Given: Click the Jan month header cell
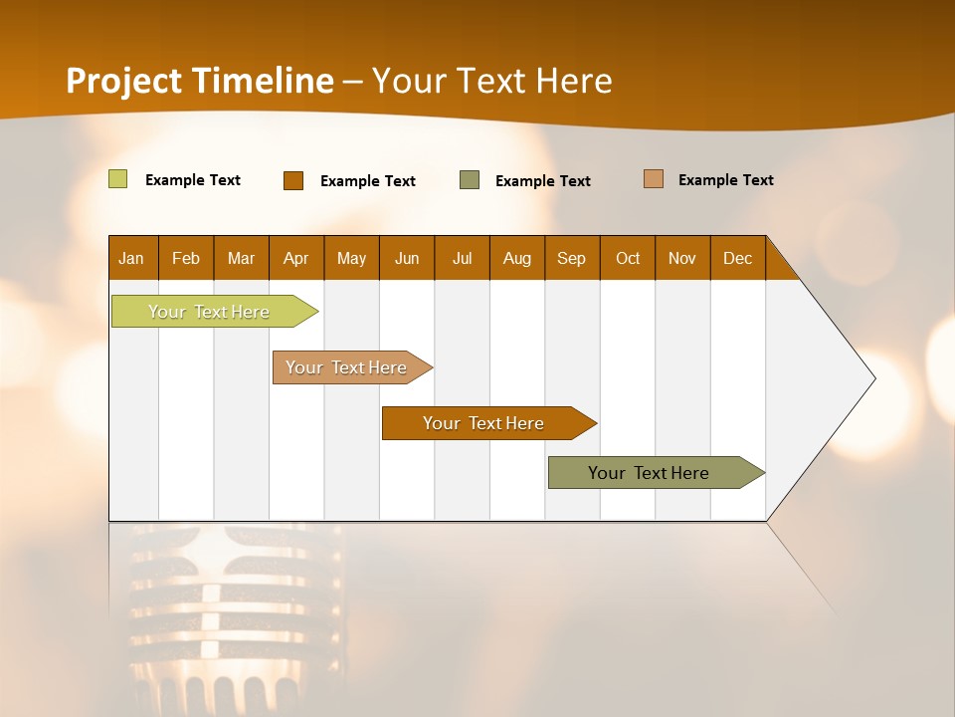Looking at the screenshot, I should tap(132, 258).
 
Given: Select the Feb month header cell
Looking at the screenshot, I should tap(186, 258).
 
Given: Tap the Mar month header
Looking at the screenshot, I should tap(241, 258).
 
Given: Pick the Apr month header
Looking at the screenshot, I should tap(296, 258).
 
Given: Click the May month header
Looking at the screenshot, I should tap(351, 258).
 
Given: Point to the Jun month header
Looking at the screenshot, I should tap(407, 258).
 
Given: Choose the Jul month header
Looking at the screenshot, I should tap(462, 258).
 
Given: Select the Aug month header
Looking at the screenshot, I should tap(517, 258).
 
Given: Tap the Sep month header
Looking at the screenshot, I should tap(572, 258).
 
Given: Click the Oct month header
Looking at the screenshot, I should tap(628, 258).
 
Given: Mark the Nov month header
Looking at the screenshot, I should tap(682, 258).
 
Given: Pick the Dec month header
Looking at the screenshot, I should tap(738, 258).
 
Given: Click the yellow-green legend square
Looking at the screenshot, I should tap(118, 179).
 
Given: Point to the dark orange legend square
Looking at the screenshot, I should tap(293, 180).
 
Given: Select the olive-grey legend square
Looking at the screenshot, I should tap(470, 180).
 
